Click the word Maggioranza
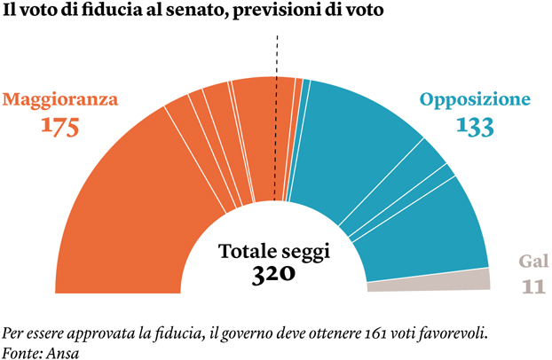59,99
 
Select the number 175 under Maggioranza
60,126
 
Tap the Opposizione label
475,99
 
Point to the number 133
475,126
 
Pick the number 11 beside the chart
532,286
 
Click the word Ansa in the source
62,352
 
